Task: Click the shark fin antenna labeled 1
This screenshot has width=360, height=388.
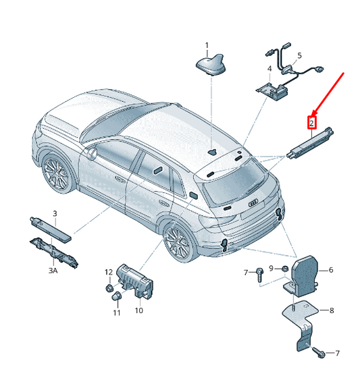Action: click(x=211, y=65)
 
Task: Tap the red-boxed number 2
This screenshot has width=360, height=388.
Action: click(x=311, y=123)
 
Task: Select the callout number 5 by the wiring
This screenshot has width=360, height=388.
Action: click(x=299, y=56)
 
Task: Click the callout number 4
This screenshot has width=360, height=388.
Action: click(x=269, y=69)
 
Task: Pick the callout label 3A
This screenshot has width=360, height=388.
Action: click(x=53, y=271)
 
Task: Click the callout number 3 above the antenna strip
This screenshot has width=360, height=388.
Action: click(x=55, y=213)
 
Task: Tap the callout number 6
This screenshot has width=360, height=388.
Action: click(x=331, y=270)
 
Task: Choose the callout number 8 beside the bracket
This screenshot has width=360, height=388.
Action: click(x=332, y=310)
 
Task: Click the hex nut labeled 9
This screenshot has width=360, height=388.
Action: click(x=285, y=269)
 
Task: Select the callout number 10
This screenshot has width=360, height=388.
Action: click(x=138, y=310)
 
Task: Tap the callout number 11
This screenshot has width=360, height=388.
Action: click(x=116, y=313)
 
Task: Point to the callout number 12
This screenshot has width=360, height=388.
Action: click(x=109, y=272)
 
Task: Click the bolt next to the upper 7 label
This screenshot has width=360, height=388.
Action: click(x=259, y=275)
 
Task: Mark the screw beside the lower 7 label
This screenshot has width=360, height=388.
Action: click(x=318, y=353)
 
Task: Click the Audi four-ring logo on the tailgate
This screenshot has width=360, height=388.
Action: click(x=253, y=203)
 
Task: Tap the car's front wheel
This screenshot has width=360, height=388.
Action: click(x=57, y=173)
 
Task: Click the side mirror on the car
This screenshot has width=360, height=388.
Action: click(x=91, y=153)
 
